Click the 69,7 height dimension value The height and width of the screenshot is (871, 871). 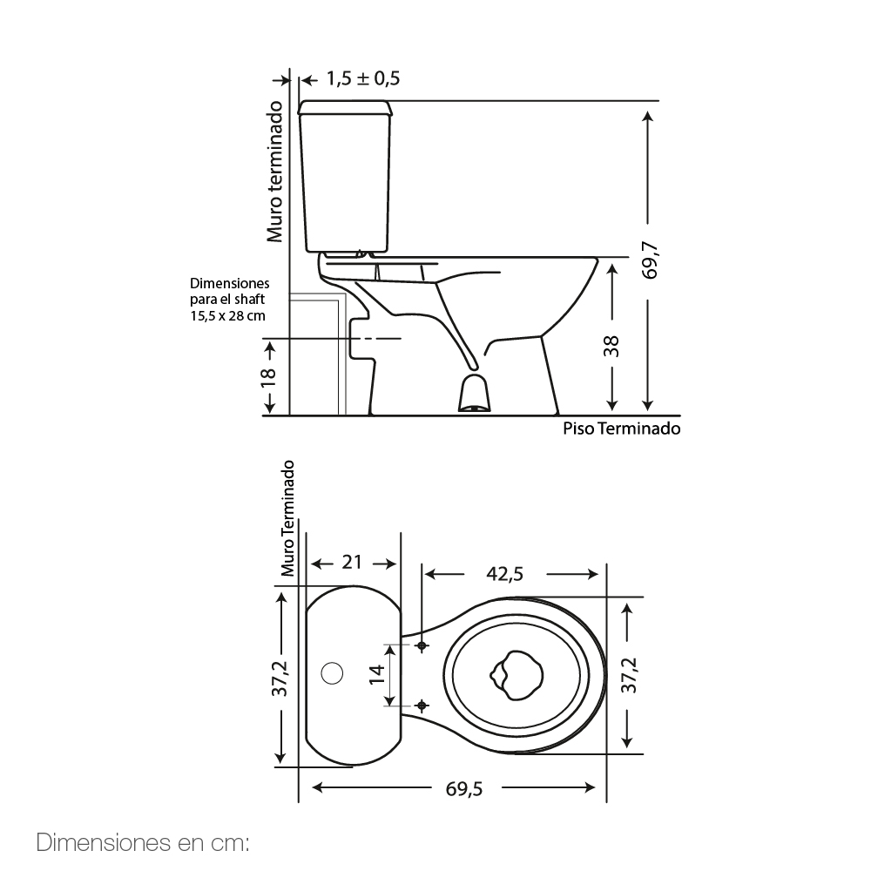tap(650, 260)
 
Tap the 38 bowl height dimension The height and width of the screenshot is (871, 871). tap(611, 346)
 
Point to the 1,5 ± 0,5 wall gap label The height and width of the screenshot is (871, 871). tap(362, 78)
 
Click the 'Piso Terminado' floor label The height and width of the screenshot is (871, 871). tap(622, 429)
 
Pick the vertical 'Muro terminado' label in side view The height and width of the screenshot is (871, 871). tap(274, 172)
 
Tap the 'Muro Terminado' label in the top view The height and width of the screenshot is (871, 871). tap(287, 518)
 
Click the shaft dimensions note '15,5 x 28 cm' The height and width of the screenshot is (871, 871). tap(227, 316)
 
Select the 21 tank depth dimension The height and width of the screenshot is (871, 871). tap(352, 562)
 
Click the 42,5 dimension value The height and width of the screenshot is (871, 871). tap(505, 574)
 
